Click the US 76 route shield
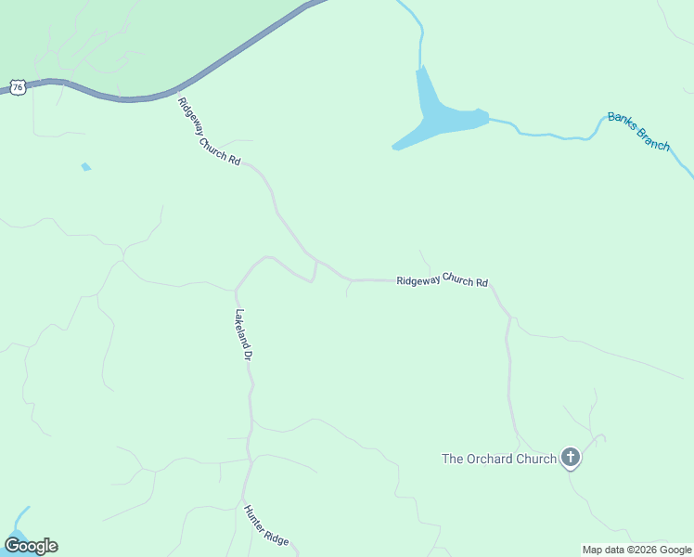[x=18, y=86]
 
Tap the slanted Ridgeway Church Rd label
[x=209, y=132]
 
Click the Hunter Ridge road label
[x=266, y=526]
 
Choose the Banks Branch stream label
[x=638, y=132]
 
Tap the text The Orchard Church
[x=498, y=459]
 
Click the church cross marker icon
[x=570, y=458]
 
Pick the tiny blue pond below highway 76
[x=86, y=167]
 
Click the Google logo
[x=32, y=546]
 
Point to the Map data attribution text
[x=636, y=550]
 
